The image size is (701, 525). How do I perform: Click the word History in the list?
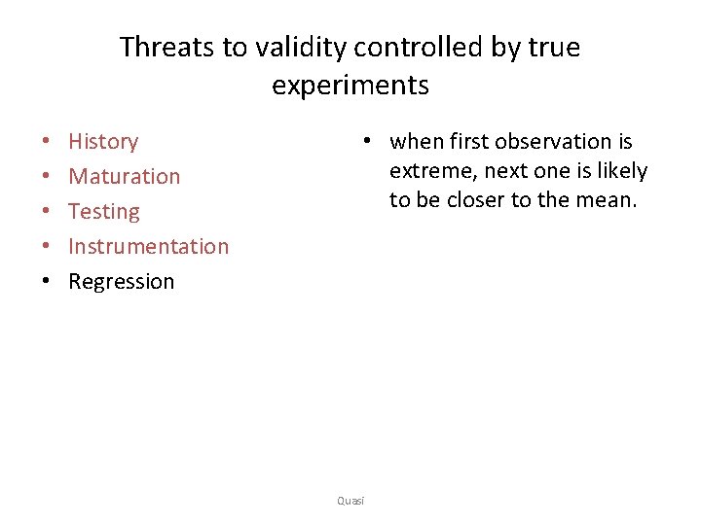(x=103, y=142)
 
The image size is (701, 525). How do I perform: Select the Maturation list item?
(x=124, y=177)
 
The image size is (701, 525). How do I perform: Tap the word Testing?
(x=103, y=212)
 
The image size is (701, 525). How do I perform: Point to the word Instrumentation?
(x=148, y=247)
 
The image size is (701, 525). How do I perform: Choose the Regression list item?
(x=121, y=282)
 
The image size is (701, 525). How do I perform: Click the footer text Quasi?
(x=350, y=501)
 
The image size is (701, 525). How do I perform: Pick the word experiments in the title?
(x=350, y=86)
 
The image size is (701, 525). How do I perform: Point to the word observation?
(x=550, y=142)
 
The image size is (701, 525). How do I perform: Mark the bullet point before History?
(x=46, y=142)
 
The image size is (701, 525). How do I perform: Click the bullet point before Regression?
(x=46, y=282)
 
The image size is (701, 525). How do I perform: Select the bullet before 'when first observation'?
(x=366, y=142)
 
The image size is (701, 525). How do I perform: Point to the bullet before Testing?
(x=46, y=212)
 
